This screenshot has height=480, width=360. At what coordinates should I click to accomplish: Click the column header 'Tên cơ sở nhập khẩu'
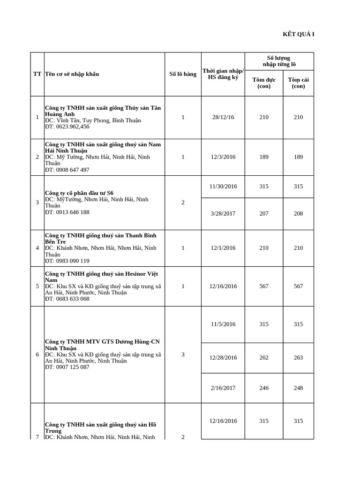click(x=72, y=74)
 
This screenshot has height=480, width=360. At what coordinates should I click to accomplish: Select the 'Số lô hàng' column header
click(x=183, y=74)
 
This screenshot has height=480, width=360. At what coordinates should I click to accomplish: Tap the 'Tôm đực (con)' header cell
click(x=264, y=83)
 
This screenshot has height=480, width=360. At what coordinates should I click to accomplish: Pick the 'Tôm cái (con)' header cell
click(x=298, y=83)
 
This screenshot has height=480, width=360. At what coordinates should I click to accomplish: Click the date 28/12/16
click(x=223, y=117)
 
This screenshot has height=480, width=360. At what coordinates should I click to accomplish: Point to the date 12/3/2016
click(x=223, y=157)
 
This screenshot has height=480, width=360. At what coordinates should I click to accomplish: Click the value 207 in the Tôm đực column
click(x=264, y=214)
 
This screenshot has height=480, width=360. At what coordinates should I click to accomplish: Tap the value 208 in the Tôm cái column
click(x=299, y=214)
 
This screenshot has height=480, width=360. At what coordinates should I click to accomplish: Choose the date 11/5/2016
click(x=223, y=324)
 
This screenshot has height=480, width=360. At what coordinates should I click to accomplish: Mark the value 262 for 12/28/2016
click(x=264, y=358)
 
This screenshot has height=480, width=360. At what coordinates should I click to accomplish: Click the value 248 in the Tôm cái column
click(x=299, y=388)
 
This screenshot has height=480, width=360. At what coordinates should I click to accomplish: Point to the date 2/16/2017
click(x=223, y=388)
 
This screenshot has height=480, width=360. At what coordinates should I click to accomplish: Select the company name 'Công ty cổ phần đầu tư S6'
click(x=79, y=193)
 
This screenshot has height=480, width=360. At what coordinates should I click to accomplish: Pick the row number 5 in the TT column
click(x=37, y=286)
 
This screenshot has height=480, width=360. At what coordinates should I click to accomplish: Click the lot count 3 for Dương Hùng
click(x=183, y=355)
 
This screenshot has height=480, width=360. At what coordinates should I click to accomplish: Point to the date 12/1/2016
click(x=223, y=248)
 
